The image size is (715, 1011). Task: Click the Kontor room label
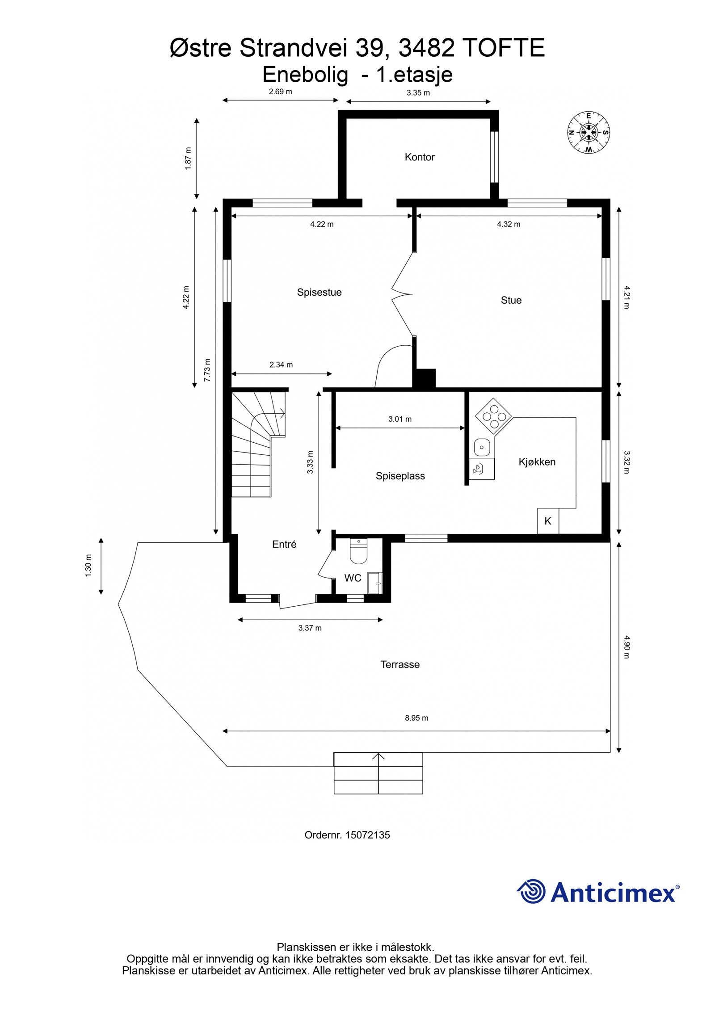tap(419, 157)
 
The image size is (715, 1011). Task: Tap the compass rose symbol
tap(589, 132)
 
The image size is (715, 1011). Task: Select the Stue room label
tap(511, 300)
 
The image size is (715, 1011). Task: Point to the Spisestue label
tap(319, 292)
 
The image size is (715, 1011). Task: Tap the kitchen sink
tap(482, 446)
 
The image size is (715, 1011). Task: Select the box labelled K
tap(548, 521)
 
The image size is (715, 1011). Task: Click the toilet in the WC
tap(358, 552)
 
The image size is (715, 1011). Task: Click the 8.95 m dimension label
tap(416, 718)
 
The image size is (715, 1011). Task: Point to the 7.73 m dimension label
tap(207, 370)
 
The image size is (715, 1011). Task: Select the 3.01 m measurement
tap(400, 419)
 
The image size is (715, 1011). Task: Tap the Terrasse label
tap(400, 664)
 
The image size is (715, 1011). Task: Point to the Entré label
tap(284, 544)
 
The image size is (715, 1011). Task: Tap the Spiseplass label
tap(400, 476)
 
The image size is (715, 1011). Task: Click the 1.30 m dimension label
tap(88, 566)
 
